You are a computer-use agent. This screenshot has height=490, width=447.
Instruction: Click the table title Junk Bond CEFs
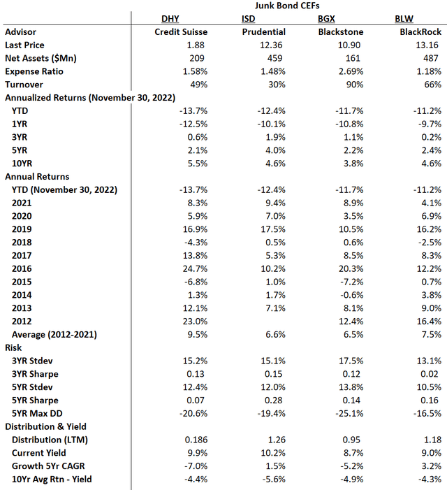pyautogui.click(x=286, y=6)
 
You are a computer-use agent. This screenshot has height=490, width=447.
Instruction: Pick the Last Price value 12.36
pyautogui.click(x=272, y=45)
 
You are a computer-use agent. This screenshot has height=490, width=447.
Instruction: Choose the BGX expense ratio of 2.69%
pyautogui.click(x=349, y=71)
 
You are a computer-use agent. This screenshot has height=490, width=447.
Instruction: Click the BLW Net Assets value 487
pyautogui.click(x=432, y=58)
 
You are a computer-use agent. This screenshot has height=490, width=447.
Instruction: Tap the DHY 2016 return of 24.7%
pyautogui.click(x=191, y=268)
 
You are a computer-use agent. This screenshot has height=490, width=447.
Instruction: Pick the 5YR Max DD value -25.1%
pyautogui.click(x=347, y=413)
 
